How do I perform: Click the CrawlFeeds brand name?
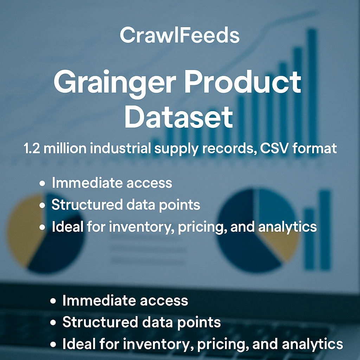click(x=180, y=35)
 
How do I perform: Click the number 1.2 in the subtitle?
click(x=32, y=148)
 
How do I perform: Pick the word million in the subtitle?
click(x=65, y=148)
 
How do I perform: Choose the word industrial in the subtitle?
click(x=120, y=148)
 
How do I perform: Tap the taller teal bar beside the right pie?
click(x=325, y=230)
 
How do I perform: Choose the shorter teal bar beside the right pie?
click(x=309, y=239)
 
